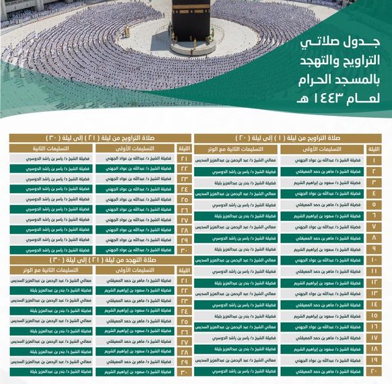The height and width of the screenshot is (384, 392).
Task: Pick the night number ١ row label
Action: [374, 160]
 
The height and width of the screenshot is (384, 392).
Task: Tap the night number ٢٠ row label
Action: [374, 371]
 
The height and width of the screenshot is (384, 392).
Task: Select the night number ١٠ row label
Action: [374, 260]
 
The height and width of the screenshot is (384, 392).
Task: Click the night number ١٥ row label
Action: [374, 315]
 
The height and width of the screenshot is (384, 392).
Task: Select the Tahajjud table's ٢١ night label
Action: [184, 280]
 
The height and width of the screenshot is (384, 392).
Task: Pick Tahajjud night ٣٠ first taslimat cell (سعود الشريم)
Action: [135, 371]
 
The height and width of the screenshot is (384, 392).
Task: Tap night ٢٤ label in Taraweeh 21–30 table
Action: [184, 189]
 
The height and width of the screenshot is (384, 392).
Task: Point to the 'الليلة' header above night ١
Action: [374, 148]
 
